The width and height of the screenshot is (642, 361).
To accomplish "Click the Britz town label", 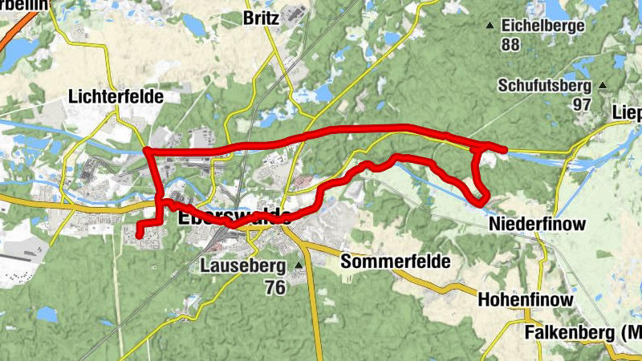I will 262,18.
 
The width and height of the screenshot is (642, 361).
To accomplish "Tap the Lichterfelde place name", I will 116,97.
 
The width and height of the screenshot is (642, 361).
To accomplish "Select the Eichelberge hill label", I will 543,26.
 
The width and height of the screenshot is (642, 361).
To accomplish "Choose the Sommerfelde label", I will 396,262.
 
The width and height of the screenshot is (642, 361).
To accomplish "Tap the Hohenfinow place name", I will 525,300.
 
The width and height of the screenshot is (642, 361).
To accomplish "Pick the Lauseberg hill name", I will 245,266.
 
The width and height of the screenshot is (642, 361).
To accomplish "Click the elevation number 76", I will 274,287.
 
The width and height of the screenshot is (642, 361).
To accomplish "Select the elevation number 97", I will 582,105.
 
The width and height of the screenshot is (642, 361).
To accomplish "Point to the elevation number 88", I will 510,45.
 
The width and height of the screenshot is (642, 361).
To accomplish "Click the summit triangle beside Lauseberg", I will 299,266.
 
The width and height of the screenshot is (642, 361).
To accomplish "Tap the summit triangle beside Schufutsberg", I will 603,85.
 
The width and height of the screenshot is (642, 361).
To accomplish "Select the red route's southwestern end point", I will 139,234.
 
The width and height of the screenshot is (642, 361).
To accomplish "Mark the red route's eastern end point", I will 504,149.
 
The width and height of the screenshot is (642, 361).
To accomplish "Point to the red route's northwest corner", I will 147,151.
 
